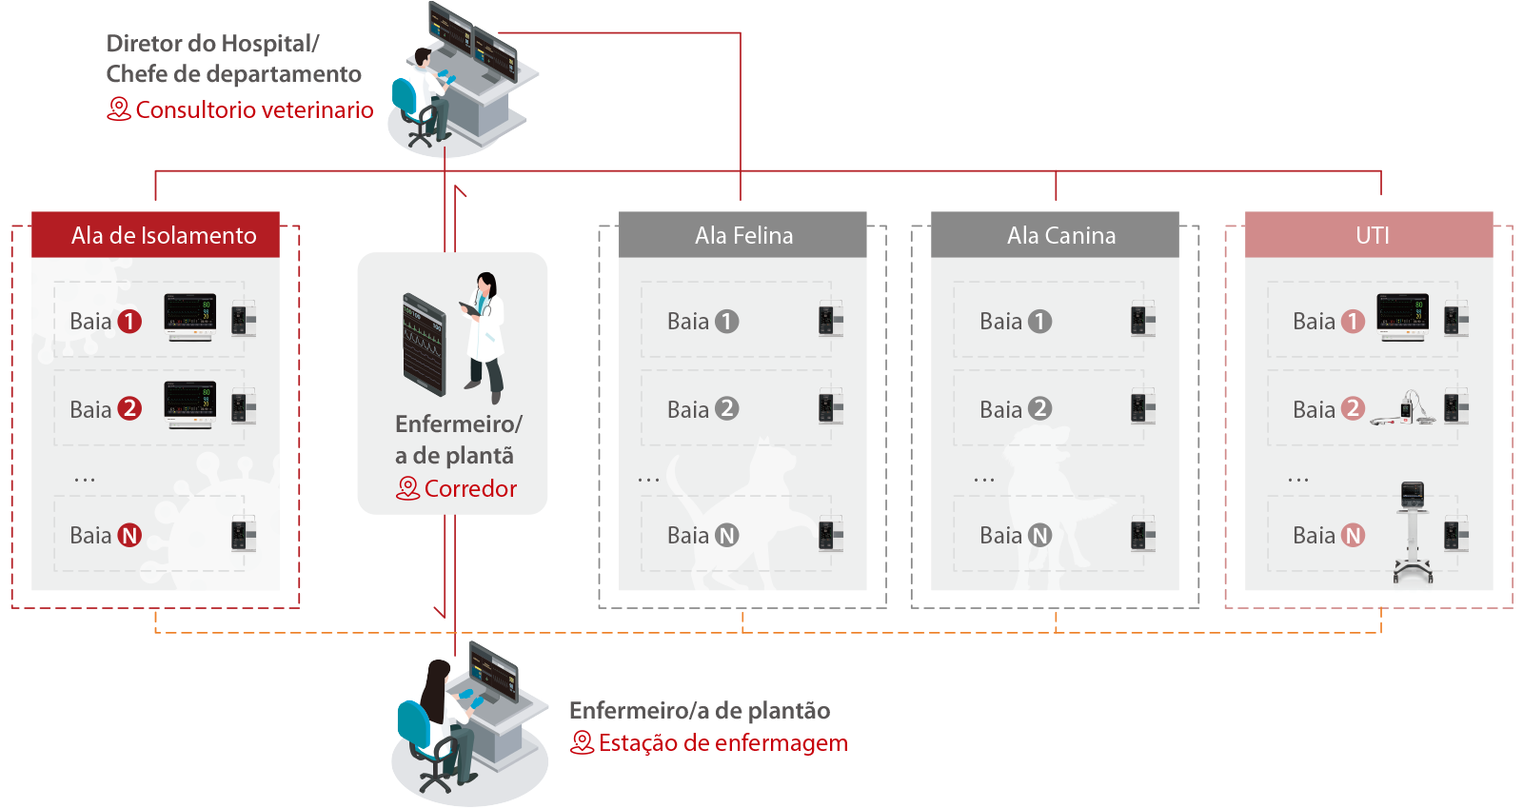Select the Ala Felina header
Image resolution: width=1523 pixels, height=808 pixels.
[x=742, y=235]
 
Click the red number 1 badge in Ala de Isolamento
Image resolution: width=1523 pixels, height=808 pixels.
[x=129, y=322]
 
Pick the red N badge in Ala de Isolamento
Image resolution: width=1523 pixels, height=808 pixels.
[x=129, y=536]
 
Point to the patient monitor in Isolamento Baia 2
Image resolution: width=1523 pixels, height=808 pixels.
[x=190, y=404]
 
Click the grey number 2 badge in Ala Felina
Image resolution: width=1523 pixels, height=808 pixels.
[x=727, y=409]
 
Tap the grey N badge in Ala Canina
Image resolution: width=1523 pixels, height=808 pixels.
[x=1040, y=536]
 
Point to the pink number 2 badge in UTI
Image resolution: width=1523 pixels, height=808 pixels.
[x=1353, y=409]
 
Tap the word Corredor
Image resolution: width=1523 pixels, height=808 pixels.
[x=470, y=489]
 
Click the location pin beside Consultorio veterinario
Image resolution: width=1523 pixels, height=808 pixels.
[x=118, y=109]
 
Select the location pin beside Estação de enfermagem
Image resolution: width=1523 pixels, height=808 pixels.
[x=582, y=743]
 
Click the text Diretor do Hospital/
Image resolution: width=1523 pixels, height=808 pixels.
[x=212, y=44]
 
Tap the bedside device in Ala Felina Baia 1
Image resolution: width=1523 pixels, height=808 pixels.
[x=830, y=320]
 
